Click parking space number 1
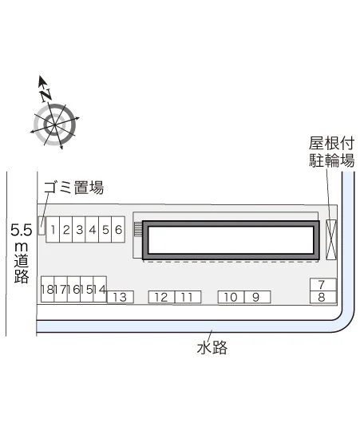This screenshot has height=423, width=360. pyautogui.click(x=53, y=229)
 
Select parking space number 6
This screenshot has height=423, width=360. pyautogui.click(x=118, y=229)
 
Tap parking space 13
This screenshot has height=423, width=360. pyautogui.click(x=121, y=297)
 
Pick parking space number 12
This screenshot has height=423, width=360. pyautogui.click(x=162, y=297)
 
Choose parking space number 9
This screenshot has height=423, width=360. pyautogui.click(x=257, y=297)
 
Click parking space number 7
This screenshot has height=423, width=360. pyautogui.click(x=322, y=285)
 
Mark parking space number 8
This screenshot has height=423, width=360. pyautogui.click(x=322, y=297)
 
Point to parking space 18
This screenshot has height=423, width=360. pyautogui.click(x=48, y=289)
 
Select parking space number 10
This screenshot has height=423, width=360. pyautogui.click(x=231, y=297)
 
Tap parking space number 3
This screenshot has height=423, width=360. pyautogui.click(x=79, y=229)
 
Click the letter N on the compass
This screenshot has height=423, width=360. pyautogui.click(x=45, y=95)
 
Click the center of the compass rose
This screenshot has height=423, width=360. pyautogui.click(x=55, y=125)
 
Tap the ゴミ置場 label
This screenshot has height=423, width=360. pyautogui.click(x=73, y=188)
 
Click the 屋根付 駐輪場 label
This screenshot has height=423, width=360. pyautogui.click(x=332, y=152)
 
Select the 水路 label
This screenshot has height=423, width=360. pyautogui.click(x=212, y=347)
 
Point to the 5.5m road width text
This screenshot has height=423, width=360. pyautogui.click(x=22, y=254)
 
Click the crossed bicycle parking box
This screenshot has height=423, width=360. pyautogui.click(x=331, y=239)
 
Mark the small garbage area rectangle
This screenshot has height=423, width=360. pyautogui.click(x=42, y=226)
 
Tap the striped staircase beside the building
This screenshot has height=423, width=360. pyautogui.click(x=138, y=229)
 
